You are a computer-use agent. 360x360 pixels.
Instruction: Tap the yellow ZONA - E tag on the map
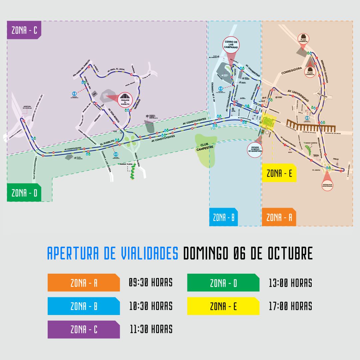point(279,173)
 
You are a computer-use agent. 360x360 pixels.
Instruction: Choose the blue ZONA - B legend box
point(83,306)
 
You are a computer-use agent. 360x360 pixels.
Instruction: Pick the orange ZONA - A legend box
point(83,283)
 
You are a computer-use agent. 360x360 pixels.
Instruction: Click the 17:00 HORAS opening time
point(290,306)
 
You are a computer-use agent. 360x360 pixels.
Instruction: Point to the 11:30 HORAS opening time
point(151,329)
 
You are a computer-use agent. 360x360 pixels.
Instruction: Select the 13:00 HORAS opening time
point(290,283)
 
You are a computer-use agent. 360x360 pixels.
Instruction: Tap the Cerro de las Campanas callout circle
point(231,45)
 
